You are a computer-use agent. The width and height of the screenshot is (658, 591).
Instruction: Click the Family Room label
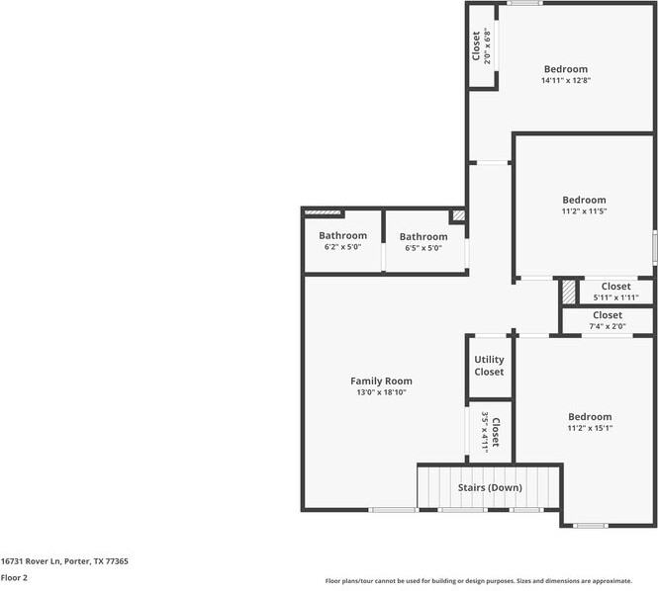[381, 381]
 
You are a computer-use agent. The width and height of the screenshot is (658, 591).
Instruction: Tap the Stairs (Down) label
[490, 487]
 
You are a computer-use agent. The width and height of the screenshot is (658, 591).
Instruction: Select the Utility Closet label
[489, 366]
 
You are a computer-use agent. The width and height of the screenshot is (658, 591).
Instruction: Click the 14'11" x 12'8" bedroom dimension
[566, 80]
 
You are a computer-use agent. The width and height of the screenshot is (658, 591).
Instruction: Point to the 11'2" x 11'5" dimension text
[584, 211]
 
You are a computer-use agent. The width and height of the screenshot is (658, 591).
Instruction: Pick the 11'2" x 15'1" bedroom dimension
[590, 428]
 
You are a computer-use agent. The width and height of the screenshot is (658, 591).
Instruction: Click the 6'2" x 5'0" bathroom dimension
[342, 247]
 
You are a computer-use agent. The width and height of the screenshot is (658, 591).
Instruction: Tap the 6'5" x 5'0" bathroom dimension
[423, 248]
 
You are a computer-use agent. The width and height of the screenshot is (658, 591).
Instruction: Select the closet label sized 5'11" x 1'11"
[615, 287]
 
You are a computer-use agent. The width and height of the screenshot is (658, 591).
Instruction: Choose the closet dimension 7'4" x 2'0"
[608, 326]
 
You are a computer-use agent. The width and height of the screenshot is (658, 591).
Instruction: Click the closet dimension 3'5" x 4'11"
[485, 432]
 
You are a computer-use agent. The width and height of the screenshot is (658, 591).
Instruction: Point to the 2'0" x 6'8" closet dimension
[487, 45]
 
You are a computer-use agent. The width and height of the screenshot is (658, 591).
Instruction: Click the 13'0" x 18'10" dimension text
[381, 392]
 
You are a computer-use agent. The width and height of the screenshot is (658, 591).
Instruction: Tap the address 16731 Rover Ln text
[31, 561]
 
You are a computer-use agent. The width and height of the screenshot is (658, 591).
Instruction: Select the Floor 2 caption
[14, 577]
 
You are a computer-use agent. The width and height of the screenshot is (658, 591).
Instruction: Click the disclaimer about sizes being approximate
[478, 581]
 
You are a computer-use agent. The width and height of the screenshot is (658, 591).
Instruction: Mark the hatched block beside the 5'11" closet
[569, 292]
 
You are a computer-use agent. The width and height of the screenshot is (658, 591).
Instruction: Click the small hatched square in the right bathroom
[459, 215]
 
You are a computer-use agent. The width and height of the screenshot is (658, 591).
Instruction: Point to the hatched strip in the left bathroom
[323, 212]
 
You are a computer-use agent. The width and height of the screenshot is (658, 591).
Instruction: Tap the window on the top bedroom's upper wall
[524, 3]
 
